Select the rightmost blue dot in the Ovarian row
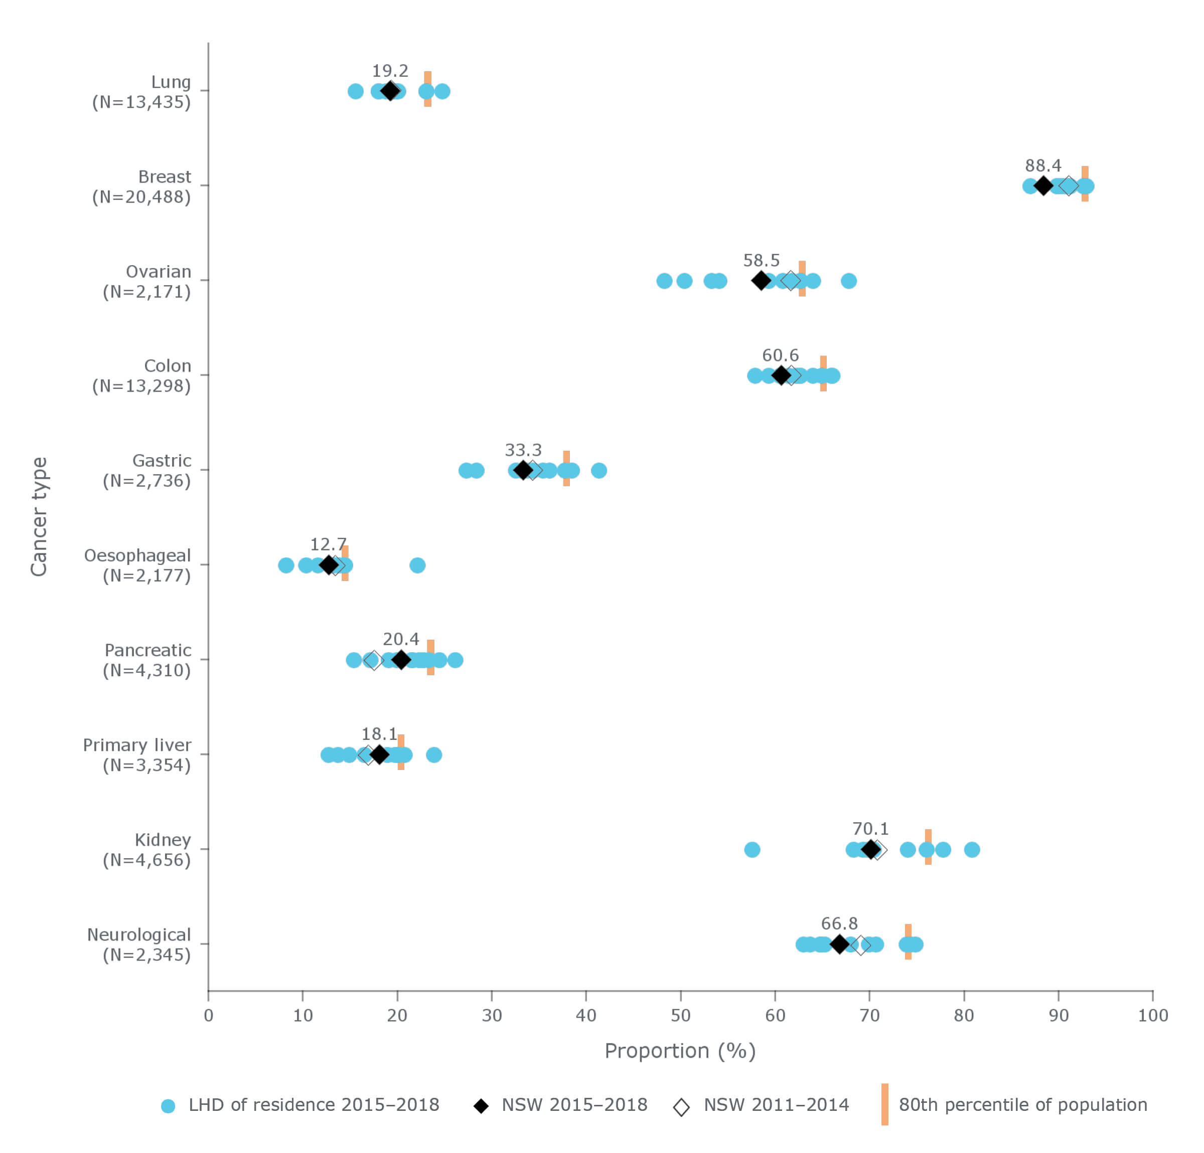click(848, 281)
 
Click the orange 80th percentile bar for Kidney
click(928, 847)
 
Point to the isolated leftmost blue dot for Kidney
click(751, 849)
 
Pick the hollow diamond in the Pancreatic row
click(373, 660)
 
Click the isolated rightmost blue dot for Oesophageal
click(416, 565)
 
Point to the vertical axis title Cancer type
click(39, 516)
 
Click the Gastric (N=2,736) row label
click(147, 470)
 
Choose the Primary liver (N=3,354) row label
click(137, 754)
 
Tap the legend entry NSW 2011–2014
click(775, 1104)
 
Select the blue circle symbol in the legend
click(168, 1106)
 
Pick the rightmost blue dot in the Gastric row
click(598, 470)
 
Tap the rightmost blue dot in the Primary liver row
click(433, 754)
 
